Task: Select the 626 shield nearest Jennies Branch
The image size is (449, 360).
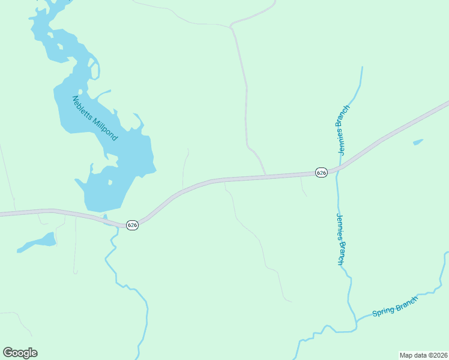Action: click(321, 172)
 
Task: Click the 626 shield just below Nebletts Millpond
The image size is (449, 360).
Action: click(132, 224)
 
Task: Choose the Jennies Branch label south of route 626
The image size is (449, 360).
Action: click(340, 239)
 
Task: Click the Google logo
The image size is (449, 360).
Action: click(20, 352)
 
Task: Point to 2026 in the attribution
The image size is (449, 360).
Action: click(439, 355)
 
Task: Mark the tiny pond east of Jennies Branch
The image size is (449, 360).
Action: click(418, 142)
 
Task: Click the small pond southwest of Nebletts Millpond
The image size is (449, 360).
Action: click(39, 242)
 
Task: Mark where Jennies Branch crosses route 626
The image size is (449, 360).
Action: click(337, 170)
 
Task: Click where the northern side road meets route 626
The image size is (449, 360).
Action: click(266, 176)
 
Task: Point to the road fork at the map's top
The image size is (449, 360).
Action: click(231, 26)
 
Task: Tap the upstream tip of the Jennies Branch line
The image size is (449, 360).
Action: click(362, 67)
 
